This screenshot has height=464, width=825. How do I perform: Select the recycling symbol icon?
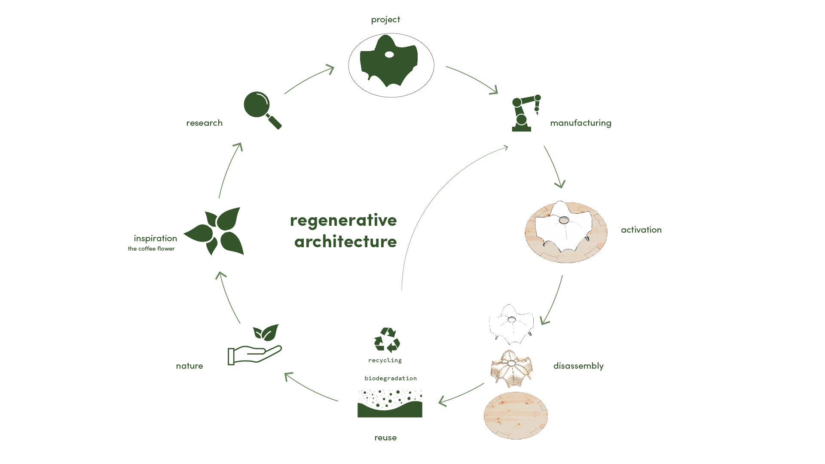[x=387, y=340]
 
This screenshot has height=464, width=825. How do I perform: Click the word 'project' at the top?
[x=385, y=20]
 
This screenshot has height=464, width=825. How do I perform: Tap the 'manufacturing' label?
[x=581, y=123]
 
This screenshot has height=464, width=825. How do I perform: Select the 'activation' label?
[x=641, y=230]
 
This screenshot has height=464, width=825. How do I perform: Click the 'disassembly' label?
[x=578, y=366]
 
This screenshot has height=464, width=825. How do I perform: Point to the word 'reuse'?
[x=385, y=438]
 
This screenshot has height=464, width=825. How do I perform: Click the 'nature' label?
[x=189, y=366]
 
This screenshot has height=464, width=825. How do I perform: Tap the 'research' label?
[x=204, y=123]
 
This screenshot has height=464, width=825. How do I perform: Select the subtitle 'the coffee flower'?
[x=151, y=249]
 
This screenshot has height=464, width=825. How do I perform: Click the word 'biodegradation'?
[x=391, y=379]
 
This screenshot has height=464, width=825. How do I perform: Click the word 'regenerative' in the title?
[x=343, y=221]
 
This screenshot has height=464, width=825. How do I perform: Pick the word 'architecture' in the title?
[x=345, y=242]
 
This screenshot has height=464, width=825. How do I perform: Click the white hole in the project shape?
[x=389, y=55]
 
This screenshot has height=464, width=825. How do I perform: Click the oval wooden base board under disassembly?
[x=516, y=415]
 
